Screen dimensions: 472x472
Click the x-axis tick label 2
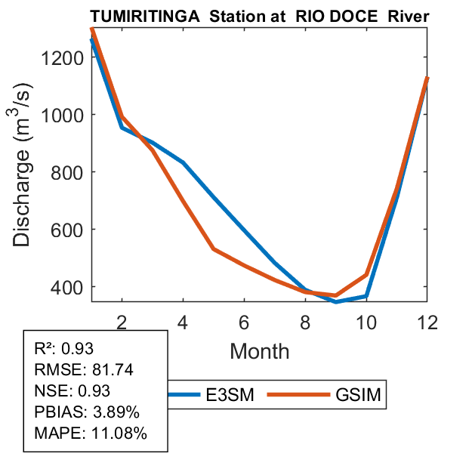click(x=122, y=322)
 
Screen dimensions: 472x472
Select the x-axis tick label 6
click(x=244, y=322)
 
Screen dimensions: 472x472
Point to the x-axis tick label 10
click(x=366, y=322)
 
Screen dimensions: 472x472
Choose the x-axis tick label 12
click(x=427, y=322)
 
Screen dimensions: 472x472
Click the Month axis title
click(x=259, y=350)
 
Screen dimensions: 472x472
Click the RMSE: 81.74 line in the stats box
click(x=76, y=369)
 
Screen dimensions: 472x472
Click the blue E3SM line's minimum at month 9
click(x=336, y=301)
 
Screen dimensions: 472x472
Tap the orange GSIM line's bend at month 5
click(x=214, y=248)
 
